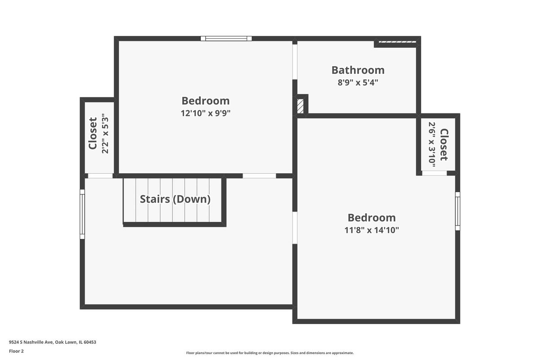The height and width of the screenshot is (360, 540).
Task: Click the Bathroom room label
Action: (358, 70)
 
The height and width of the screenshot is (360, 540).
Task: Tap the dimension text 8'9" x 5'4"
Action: (358, 82)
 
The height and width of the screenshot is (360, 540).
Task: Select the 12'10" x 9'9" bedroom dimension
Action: (206, 113)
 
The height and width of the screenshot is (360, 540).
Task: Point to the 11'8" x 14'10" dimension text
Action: (372, 230)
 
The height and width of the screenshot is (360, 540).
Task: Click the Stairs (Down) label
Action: (175, 199)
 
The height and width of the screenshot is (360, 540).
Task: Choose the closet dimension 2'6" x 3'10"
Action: (432, 144)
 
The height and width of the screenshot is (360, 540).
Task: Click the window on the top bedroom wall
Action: (226, 39)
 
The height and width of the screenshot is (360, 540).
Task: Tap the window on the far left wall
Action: (82, 214)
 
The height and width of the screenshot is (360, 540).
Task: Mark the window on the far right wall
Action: (458, 211)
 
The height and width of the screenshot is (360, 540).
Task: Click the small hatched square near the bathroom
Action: (301, 106)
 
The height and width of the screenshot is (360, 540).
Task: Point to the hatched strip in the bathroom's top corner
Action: (397, 42)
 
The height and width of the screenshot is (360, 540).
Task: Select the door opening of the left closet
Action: (100, 176)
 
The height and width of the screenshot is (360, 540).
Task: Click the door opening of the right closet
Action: (434, 173)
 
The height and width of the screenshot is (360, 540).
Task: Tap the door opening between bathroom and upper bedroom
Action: (295, 62)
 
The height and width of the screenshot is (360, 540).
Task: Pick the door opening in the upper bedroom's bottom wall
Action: (259, 176)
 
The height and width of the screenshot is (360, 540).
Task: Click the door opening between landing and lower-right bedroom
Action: (295, 228)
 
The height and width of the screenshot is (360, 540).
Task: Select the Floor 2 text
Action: (16, 351)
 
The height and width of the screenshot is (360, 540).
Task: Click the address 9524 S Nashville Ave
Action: (31, 342)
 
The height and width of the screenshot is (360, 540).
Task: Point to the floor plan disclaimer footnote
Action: (270, 353)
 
